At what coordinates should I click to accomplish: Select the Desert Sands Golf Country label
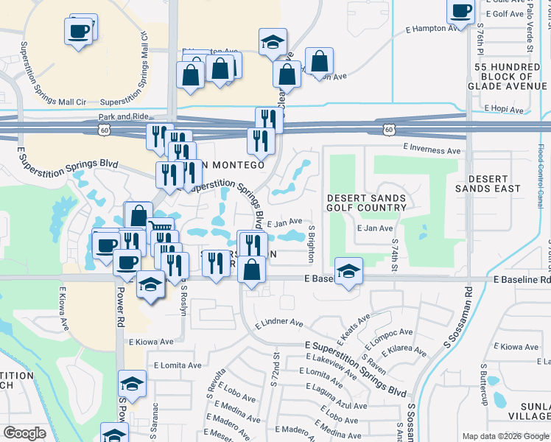click(x=366, y=203)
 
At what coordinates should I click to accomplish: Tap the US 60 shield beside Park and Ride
click(x=107, y=129)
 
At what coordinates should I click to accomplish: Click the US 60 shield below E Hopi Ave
click(x=388, y=129)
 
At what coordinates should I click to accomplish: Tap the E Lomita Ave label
click(x=177, y=365)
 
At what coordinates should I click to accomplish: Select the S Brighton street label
click(x=312, y=243)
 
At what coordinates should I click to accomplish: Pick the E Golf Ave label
click(x=505, y=13)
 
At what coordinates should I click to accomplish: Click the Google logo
click(x=24, y=433)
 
